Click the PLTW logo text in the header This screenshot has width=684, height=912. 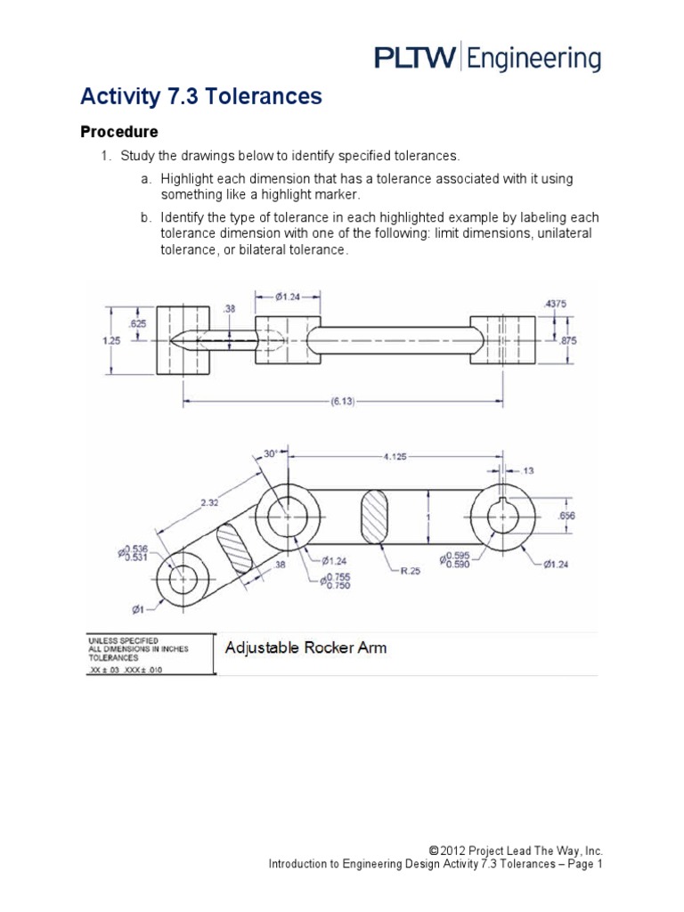pyautogui.click(x=412, y=59)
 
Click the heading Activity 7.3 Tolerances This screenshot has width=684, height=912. pyautogui.click(x=200, y=97)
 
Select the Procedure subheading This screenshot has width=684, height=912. pyautogui.click(x=119, y=132)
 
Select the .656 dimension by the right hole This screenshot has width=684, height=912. pyautogui.click(x=566, y=516)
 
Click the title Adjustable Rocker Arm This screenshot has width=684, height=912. pyautogui.click(x=305, y=647)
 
